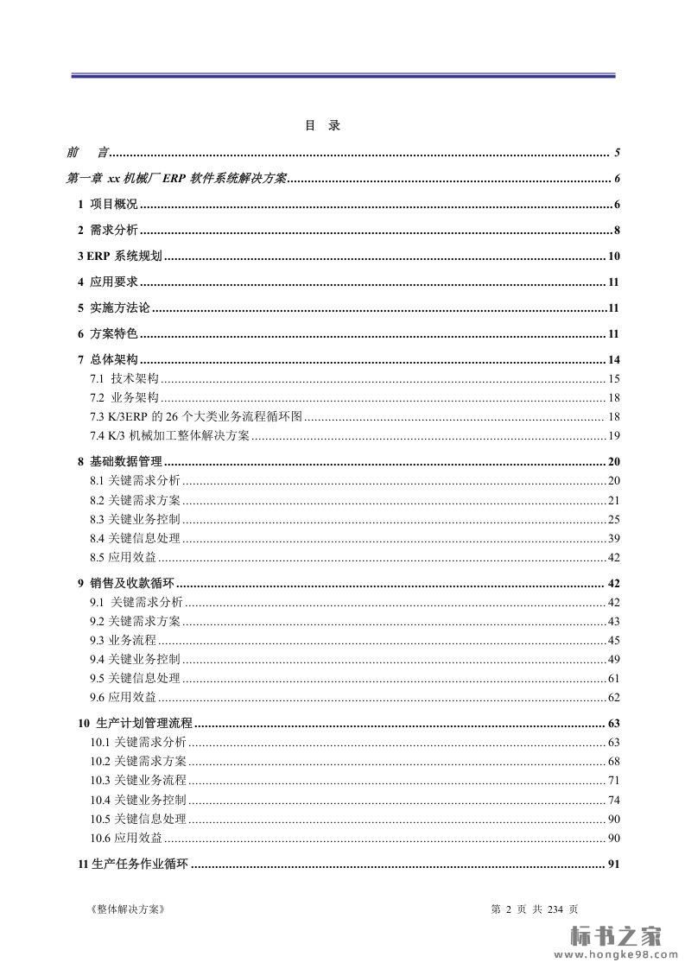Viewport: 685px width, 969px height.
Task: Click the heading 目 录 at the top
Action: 322,125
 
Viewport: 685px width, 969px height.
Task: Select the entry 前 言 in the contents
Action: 87,153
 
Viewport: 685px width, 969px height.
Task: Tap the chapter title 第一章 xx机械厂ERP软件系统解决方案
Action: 176,179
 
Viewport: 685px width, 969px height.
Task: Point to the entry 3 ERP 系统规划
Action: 120,256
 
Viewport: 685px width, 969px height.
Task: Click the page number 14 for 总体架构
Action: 614,360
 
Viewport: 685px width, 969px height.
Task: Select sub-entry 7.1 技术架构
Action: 124,378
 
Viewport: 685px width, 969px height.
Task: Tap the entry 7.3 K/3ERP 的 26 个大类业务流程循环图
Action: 195,416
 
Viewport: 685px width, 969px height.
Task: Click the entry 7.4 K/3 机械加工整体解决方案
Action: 169,435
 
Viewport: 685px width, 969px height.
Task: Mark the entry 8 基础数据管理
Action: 120,461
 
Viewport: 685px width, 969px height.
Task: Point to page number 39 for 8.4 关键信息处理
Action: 614,538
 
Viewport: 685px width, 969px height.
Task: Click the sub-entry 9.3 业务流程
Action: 123,640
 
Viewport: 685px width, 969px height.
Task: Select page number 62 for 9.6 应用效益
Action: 614,697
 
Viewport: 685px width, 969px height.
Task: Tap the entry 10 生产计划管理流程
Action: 136,723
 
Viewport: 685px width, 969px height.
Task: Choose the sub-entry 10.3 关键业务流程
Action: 138,780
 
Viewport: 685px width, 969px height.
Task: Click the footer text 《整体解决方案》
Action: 126,909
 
